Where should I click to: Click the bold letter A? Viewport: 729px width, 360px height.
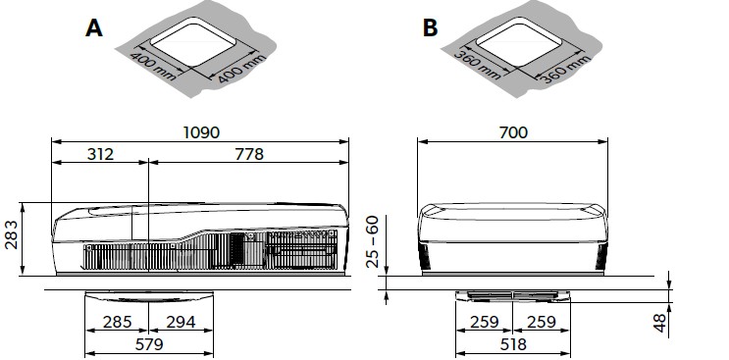(94, 27)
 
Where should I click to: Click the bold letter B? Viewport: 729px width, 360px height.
(430, 27)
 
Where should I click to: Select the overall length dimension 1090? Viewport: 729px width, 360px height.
(201, 132)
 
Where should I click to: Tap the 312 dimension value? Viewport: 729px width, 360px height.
(100, 154)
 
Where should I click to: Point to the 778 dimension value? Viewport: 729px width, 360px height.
(249, 154)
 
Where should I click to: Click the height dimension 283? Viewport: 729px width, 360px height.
(11, 234)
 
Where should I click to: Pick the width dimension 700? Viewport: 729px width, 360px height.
(513, 132)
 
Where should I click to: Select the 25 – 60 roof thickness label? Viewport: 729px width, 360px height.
(373, 241)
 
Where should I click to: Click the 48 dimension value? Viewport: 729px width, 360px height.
(659, 322)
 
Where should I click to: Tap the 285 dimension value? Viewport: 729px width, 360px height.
(117, 322)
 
